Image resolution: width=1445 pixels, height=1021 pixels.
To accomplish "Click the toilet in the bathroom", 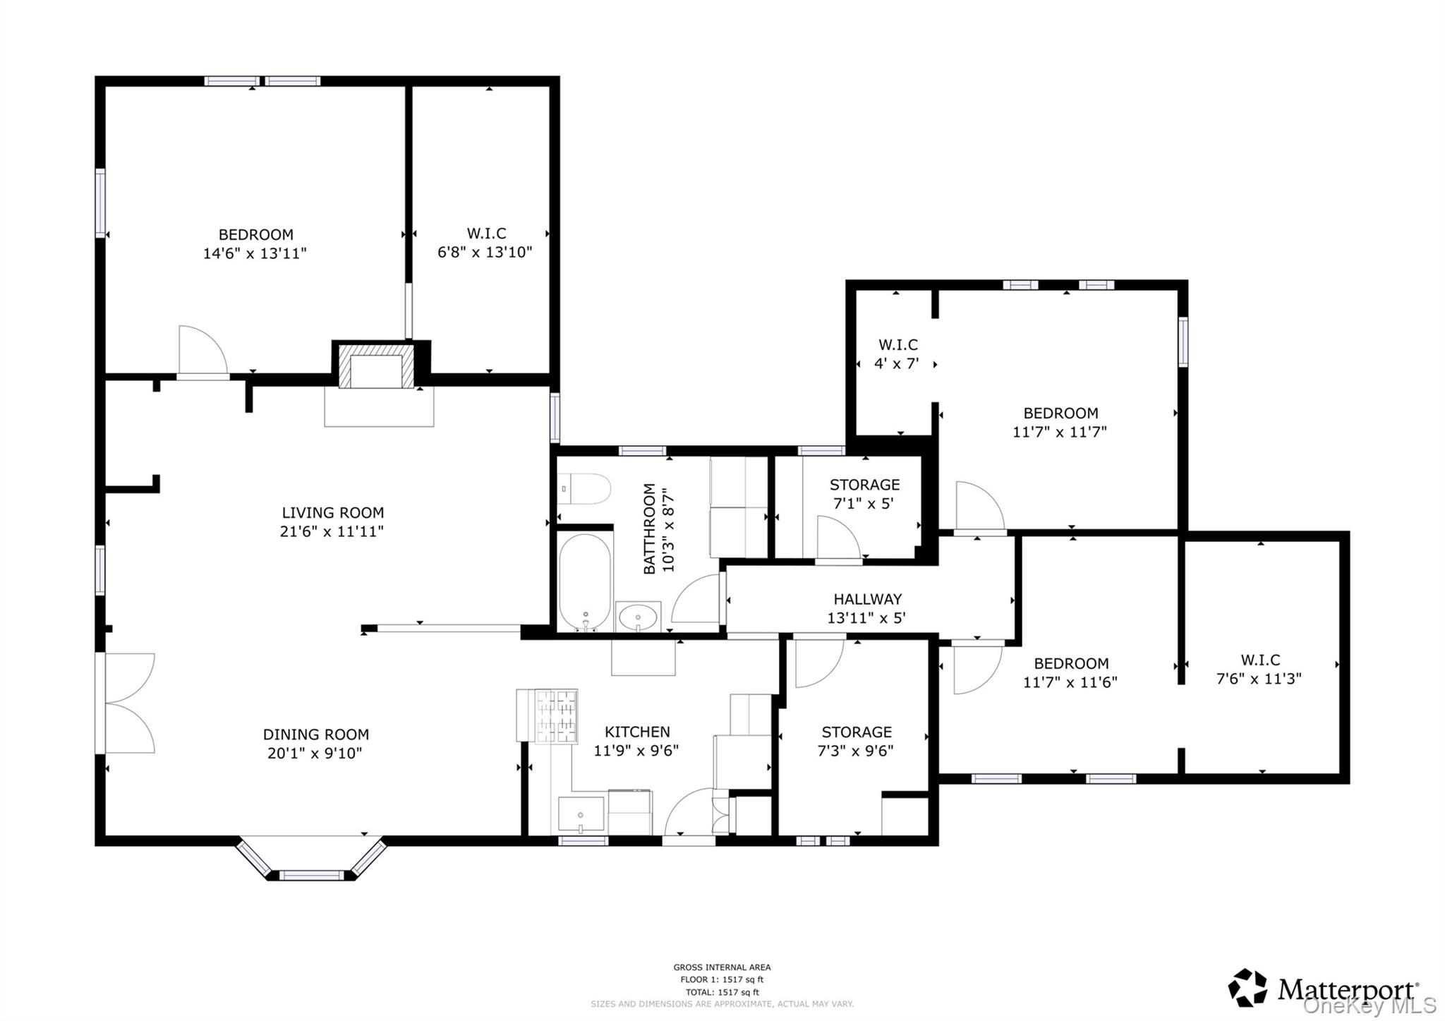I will [x=584, y=488].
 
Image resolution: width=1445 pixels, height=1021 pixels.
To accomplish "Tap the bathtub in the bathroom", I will [x=585, y=581].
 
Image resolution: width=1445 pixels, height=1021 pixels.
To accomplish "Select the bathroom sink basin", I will [x=638, y=617].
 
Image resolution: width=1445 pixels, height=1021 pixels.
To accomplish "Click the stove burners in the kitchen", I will [x=556, y=716].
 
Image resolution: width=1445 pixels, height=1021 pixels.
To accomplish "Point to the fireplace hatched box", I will [x=376, y=366].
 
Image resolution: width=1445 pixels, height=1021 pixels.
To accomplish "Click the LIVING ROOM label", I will [x=332, y=513].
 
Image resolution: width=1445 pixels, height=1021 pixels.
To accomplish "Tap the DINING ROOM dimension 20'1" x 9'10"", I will [x=315, y=754].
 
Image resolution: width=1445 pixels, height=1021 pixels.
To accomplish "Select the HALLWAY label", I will [x=867, y=599].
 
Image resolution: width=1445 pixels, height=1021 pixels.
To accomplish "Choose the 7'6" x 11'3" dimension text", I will [x=1259, y=679].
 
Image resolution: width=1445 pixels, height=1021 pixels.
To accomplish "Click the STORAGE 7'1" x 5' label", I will [x=864, y=494].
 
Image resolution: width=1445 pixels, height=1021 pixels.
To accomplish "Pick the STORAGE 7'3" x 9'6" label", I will [x=856, y=741].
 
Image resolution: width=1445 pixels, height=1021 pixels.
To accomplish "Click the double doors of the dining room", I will [x=127, y=703].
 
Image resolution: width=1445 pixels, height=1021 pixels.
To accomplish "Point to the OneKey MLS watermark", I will [x=1369, y=1005].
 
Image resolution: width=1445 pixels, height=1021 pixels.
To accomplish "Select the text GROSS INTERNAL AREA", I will [x=722, y=967].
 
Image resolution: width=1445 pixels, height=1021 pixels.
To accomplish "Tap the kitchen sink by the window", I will [x=581, y=814].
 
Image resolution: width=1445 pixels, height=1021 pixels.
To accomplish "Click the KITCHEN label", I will [x=637, y=732].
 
